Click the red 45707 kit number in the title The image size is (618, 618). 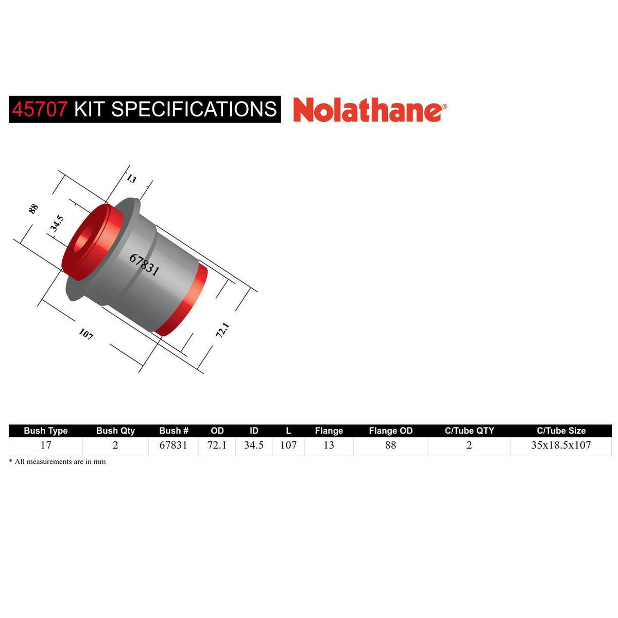[40, 109]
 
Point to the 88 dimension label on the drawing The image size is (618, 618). [33, 209]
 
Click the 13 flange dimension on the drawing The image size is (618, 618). [131, 179]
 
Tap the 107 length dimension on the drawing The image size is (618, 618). [86, 334]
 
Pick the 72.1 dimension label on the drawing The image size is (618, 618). [222, 330]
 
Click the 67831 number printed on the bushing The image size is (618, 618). [144, 265]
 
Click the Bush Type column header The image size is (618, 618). [46, 431]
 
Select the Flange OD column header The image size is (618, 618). [391, 431]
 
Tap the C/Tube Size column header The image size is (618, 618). [561, 431]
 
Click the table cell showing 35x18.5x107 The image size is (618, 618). [561, 445]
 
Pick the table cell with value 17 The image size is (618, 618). [46, 445]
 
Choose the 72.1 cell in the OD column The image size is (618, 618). [217, 445]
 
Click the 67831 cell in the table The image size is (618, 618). [174, 445]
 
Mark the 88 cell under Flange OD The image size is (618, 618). [391, 445]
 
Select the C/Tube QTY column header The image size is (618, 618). [469, 431]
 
